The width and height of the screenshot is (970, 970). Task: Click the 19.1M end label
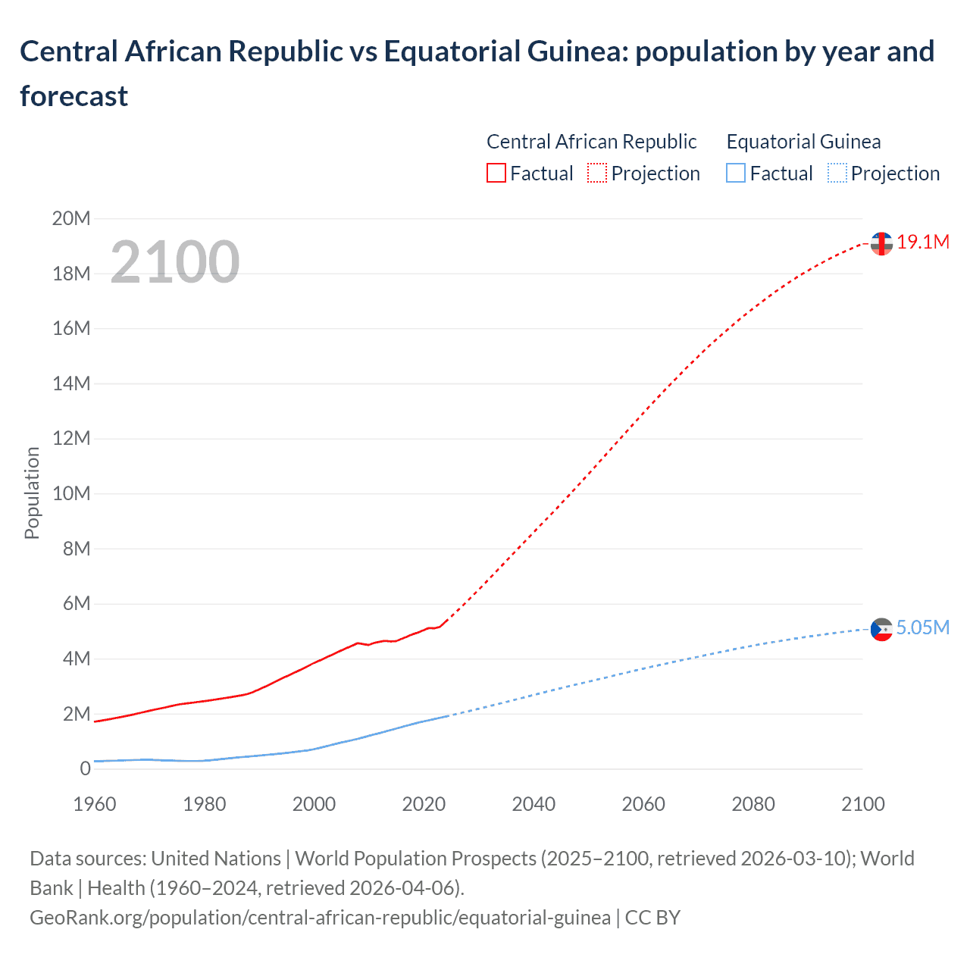tap(922, 242)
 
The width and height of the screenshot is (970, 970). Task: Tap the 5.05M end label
tap(922, 628)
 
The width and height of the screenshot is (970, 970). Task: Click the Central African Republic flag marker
tap(881, 243)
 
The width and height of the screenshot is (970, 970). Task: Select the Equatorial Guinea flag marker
tap(881, 629)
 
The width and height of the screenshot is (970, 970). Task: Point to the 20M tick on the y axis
tap(71, 219)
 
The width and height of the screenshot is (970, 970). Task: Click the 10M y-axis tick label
tap(71, 494)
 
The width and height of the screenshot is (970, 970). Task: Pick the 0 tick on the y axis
tap(85, 769)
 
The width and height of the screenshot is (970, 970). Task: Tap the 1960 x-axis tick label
tap(95, 804)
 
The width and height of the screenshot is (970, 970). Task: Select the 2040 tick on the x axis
tap(533, 804)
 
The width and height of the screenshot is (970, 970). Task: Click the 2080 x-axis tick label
tap(753, 804)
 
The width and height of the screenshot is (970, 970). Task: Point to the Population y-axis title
tap(32, 493)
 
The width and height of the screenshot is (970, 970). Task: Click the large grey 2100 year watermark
tap(175, 262)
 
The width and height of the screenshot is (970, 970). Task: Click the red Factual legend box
tap(496, 174)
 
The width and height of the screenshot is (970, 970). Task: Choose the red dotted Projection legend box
tap(597, 174)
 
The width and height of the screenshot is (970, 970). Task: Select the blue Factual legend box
tap(736, 174)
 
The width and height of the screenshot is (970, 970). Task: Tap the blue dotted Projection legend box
tap(837, 174)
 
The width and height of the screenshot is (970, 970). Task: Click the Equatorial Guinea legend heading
tap(803, 142)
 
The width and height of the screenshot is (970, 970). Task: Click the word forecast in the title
tap(74, 96)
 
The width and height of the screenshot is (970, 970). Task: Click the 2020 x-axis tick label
tap(424, 804)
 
